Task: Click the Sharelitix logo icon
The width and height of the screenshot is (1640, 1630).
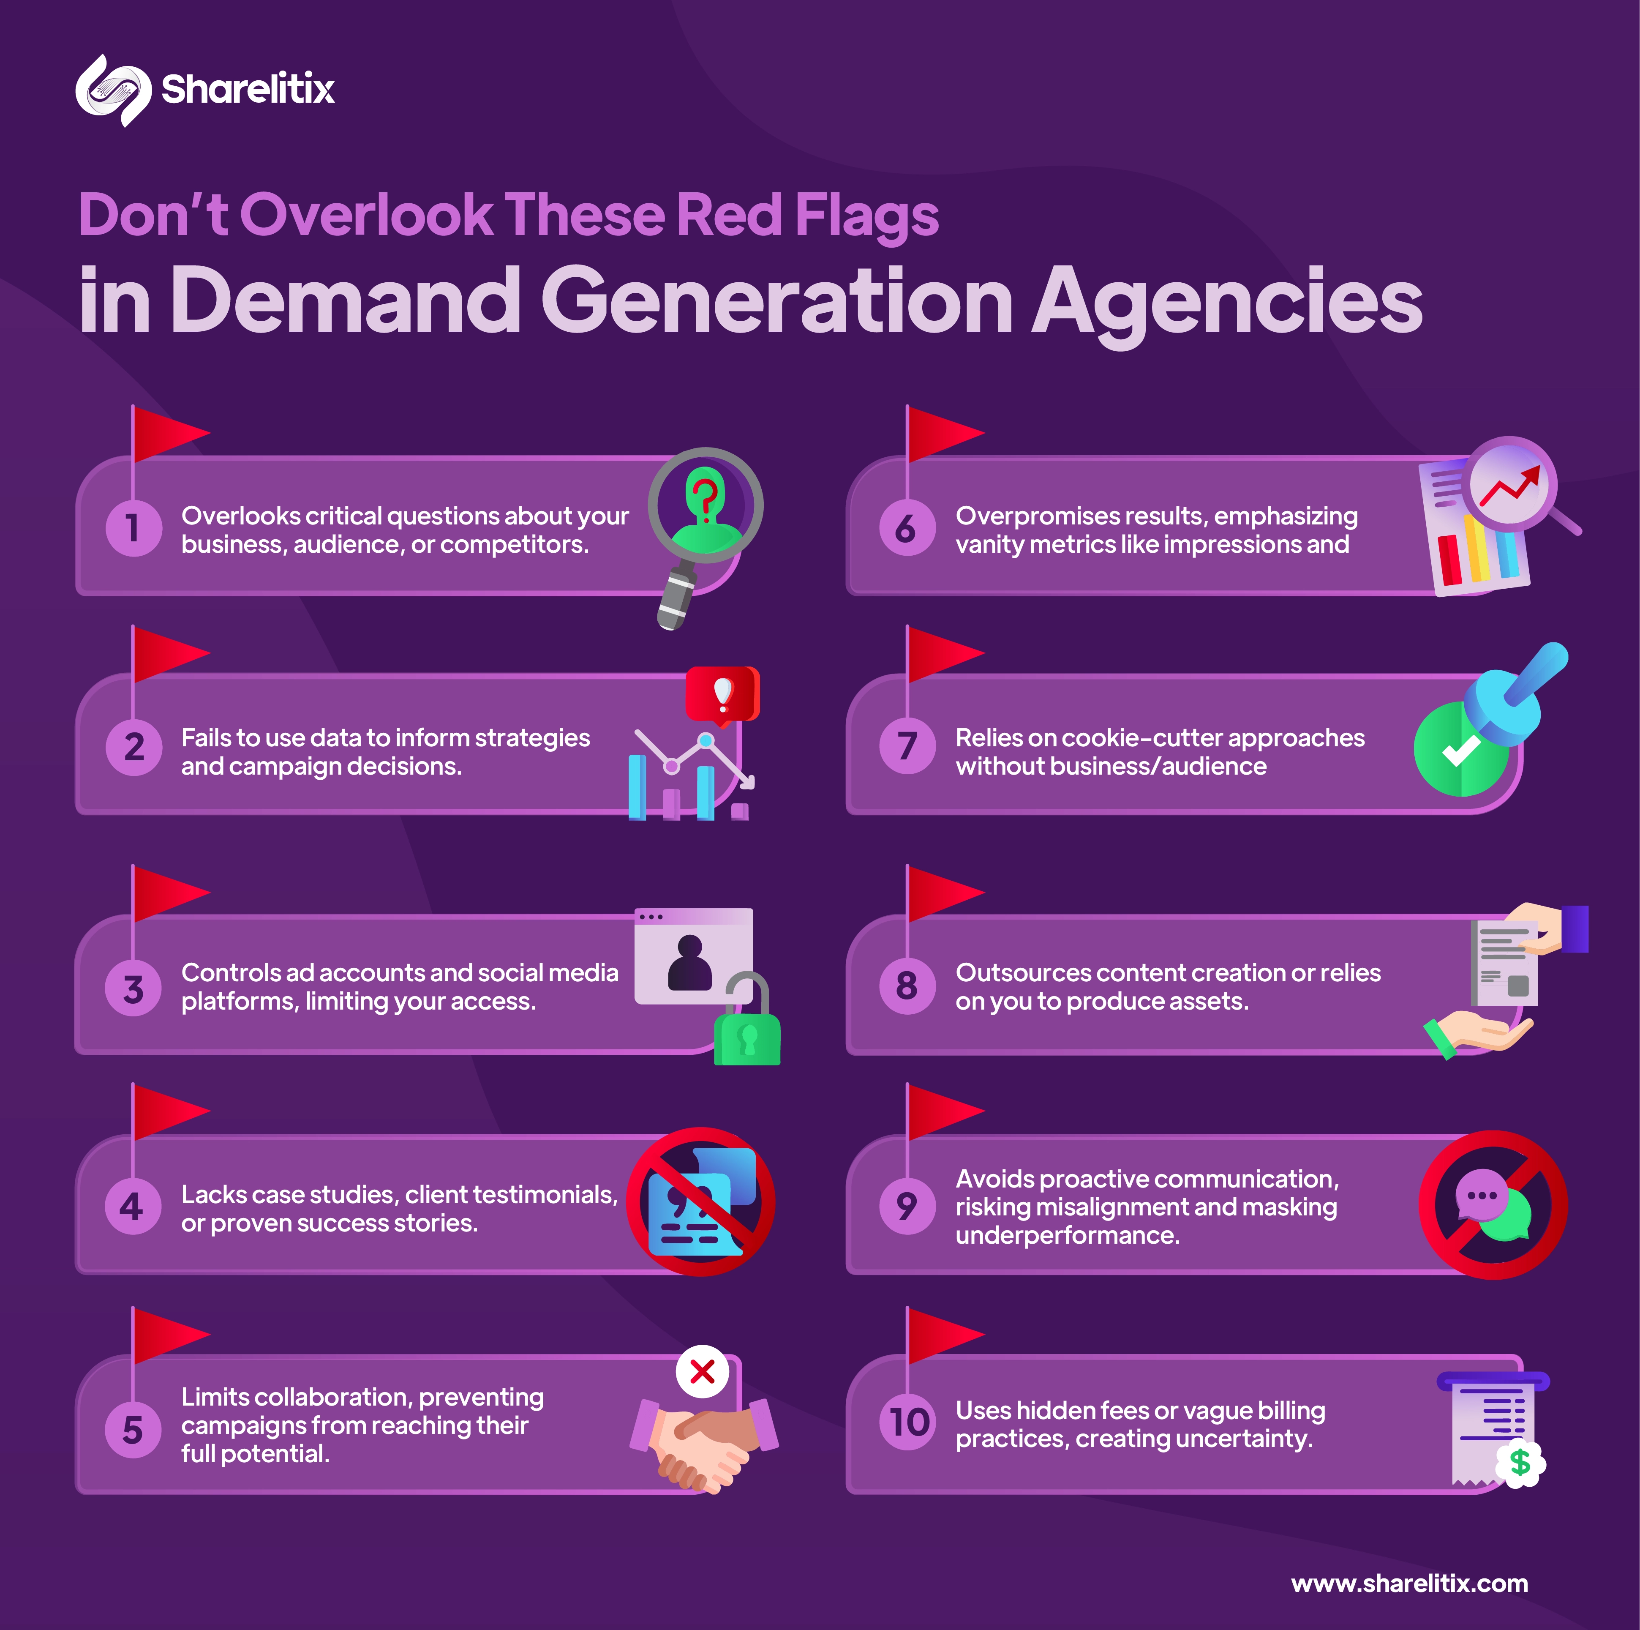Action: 113,90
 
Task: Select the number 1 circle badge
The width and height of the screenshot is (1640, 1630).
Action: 133,528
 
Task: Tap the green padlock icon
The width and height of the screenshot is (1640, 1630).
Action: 747,1034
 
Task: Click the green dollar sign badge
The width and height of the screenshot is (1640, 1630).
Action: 1520,1463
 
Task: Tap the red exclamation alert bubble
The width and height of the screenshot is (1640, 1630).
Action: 722,694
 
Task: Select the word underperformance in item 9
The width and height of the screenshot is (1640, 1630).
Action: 1067,1235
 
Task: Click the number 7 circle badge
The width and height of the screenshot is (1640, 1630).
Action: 907,746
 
